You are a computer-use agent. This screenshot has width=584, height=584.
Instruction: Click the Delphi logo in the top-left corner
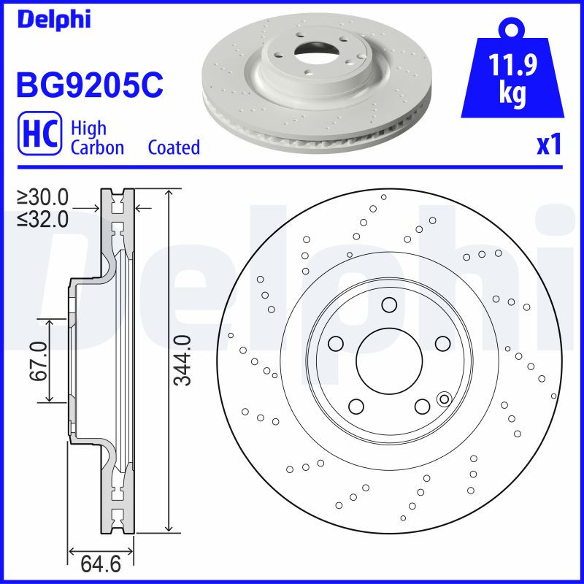53,19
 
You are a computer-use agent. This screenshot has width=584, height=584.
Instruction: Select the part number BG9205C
89,85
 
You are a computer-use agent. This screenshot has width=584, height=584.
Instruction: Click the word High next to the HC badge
88,128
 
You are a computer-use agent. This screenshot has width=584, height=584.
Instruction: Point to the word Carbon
97,147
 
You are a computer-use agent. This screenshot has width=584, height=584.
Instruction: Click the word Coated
174,147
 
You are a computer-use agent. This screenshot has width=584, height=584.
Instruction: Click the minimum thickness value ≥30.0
43,197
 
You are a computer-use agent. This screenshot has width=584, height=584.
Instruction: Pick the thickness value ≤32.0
43,218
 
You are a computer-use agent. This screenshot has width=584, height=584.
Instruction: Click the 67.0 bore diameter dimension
39,361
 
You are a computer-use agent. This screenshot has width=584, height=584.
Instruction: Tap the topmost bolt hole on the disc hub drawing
389,304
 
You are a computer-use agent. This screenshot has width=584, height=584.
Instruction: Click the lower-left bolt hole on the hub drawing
356,406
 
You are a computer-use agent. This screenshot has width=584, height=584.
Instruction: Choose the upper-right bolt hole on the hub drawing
442,342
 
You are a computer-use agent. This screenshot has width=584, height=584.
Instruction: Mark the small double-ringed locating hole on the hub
443,399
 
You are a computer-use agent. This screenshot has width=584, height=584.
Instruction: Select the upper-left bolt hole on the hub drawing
336,342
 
